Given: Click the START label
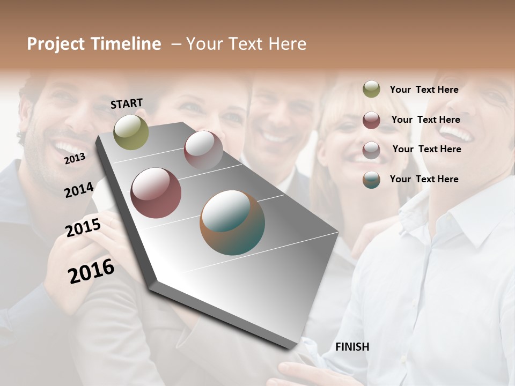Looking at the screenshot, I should pyautogui.click(x=127, y=103).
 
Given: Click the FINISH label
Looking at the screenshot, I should pyautogui.click(x=352, y=347).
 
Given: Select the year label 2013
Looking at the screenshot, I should pyautogui.click(x=75, y=158).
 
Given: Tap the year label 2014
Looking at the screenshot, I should pyautogui.click(x=79, y=190).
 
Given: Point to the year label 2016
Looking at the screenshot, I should pyautogui.click(x=91, y=271).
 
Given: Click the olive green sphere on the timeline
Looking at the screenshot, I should pyautogui.click(x=131, y=132).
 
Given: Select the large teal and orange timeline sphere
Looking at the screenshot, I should pyautogui.click(x=232, y=222).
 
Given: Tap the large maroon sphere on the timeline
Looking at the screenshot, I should pyautogui.click(x=156, y=193).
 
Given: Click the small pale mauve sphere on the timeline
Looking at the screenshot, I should pyautogui.click(x=203, y=150).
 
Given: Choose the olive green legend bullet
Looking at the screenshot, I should pyautogui.click(x=371, y=89).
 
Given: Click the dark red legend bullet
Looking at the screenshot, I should pyautogui.click(x=371, y=120).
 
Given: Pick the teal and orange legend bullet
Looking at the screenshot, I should pyautogui.click(x=371, y=180).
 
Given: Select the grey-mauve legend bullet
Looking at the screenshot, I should pyautogui.click(x=371, y=150).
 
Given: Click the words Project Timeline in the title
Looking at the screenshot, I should pyautogui.click(x=94, y=44).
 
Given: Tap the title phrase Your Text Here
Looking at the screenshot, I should pyautogui.click(x=246, y=44).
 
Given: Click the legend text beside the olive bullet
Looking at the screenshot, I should pyautogui.click(x=424, y=90).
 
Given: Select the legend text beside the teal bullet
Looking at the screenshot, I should pyautogui.click(x=424, y=179).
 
